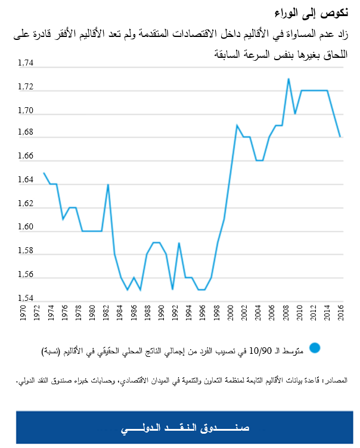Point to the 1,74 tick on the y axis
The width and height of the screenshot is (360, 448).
pyautogui.click(x=27, y=63)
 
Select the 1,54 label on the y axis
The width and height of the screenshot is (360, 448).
pyautogui.click(x=27, y=298)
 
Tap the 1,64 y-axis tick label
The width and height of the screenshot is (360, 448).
pyautogui.click(x=27, y=181)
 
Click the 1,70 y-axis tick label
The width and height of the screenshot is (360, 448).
pyautogui.click(x=27, y=110)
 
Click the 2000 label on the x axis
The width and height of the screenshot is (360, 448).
pyautogui.click(x=230, y=313)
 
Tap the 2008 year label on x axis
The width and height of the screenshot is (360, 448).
pyautogui.click(x=285, y=313)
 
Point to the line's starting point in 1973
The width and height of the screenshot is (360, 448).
pyautogui.click(x=44, y=173)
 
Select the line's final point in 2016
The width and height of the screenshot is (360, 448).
pyautogui.click(x=340, y=136)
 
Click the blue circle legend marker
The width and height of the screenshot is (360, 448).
pyautogui.click(x=315, y=348)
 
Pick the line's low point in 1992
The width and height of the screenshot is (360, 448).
pyautogui.click(x=172, y=289)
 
